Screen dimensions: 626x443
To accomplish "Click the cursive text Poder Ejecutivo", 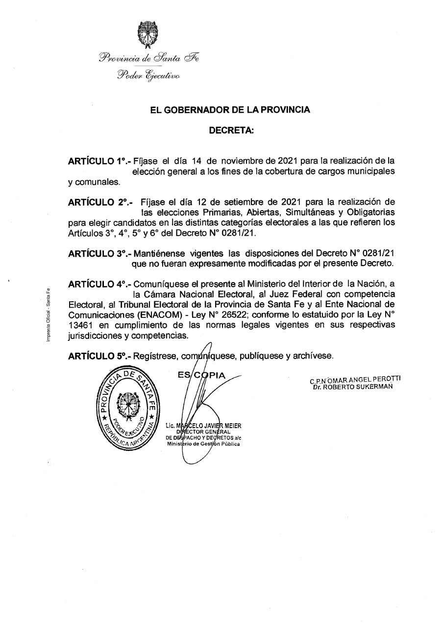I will tap(148, 75).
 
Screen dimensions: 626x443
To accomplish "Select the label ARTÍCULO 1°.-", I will tap(98, 161).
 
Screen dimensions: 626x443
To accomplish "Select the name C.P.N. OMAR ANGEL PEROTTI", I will tap(355, 380).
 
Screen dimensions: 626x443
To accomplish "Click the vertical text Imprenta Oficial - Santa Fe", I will tap(48, 313).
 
